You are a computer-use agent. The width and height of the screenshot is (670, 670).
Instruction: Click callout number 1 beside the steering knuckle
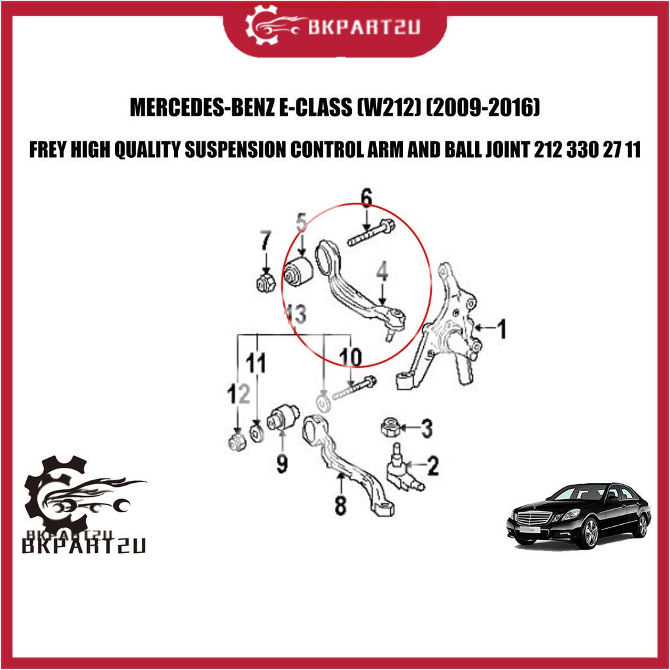[x=502, y=328]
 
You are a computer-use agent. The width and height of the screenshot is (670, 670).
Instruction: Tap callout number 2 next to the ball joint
[x=432, y=465]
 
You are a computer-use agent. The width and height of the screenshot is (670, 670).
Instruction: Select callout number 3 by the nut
[x=427, y=428]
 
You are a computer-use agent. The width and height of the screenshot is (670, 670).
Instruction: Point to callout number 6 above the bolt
[x=366, y=197]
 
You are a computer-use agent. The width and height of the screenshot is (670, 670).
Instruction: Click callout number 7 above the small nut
[x=266, y=240]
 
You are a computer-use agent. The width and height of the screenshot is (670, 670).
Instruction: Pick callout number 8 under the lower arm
[x=340, y=506]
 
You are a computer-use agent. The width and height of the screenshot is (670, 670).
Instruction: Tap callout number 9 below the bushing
[x=281, y=463]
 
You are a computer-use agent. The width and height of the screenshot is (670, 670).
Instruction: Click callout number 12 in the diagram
[x=238, y=393]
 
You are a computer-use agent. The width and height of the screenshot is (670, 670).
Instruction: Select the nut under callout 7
[x=266, y=283]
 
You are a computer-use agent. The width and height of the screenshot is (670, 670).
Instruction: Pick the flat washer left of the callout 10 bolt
[x=323, y=402]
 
